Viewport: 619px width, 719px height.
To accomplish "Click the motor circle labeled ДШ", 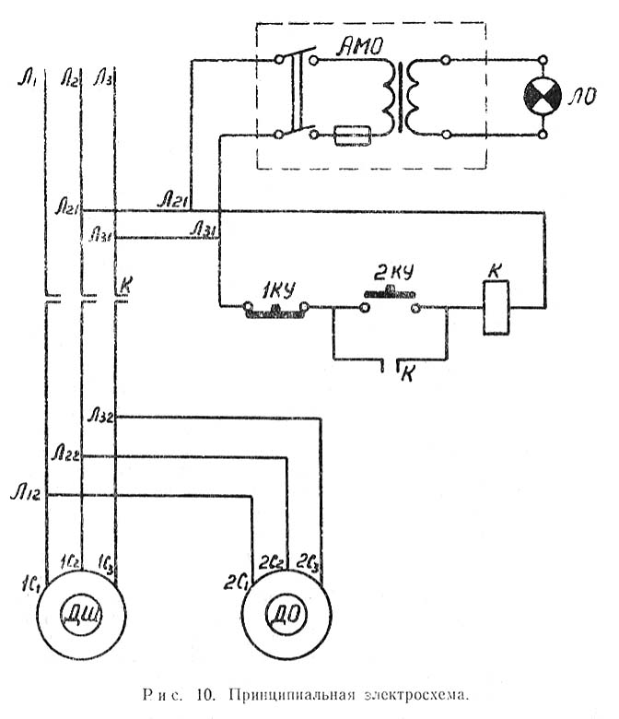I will [81, 612].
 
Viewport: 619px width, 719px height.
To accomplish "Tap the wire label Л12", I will [27, 486].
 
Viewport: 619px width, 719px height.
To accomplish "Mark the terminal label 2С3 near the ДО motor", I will [312, 560].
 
